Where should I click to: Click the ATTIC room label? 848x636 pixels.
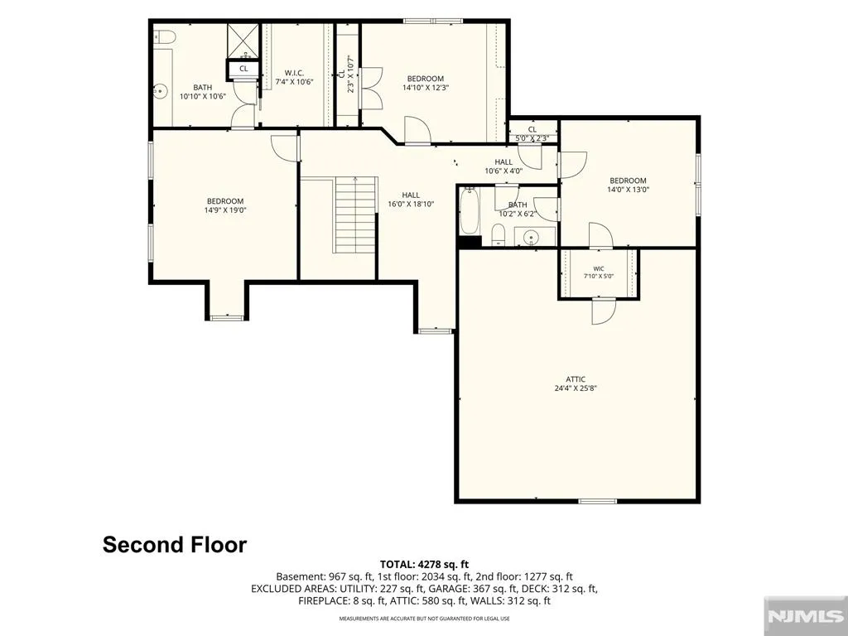point(576,379)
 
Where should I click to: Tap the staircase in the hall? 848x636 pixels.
point(355,214)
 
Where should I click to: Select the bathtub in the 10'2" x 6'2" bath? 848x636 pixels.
point(470,211)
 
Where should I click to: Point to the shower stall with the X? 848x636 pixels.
point(243,41)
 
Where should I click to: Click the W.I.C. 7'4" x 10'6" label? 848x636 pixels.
point(295,77)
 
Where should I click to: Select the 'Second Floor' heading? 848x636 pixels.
point(175,544)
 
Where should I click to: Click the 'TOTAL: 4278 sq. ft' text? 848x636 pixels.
point(424,565)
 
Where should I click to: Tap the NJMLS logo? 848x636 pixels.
point(805,616)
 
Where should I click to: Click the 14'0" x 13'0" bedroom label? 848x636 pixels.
point(628,185)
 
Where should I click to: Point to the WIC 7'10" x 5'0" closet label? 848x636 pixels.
point(599,272)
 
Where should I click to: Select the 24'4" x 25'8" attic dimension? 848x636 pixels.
point(576,388)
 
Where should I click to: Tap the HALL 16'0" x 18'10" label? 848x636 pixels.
point(411,200)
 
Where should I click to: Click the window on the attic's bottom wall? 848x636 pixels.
point(598,501)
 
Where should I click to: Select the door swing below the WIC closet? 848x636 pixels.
point(604,311)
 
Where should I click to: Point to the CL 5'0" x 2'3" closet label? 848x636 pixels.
point(532,133)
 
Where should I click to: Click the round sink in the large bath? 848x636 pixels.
point(160,91)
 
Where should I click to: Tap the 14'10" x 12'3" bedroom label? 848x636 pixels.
point(426,82)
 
